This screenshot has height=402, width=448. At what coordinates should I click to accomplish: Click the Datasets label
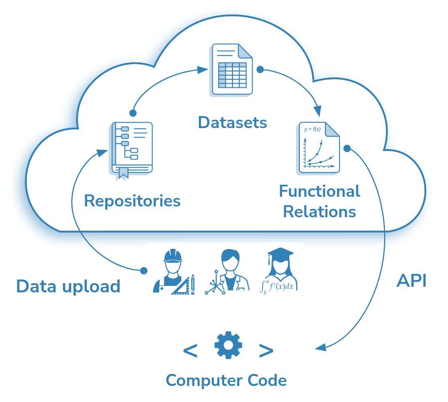[x=232, y=122]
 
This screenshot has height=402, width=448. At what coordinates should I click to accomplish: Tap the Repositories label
[x=132, y=201]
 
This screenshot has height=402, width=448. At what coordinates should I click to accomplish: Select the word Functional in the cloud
[x=319, y=192]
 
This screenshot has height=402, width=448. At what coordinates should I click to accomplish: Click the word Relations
[x=319, y=212]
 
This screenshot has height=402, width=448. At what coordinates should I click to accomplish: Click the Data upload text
[x=68, y=286]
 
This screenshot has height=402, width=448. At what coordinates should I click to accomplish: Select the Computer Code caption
[x=226, y=380]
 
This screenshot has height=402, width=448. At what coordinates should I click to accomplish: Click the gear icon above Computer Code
[x=228, y=345]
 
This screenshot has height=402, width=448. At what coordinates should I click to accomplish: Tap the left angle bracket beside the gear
[x=190, y=351]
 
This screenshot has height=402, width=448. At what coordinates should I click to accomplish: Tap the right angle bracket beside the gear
[x=266, y=351]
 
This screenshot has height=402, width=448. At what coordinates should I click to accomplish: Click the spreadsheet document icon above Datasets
[x=231, y=70]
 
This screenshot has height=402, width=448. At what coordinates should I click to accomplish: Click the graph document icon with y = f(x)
[x=319, y=147]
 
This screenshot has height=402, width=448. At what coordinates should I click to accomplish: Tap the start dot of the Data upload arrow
[x=144, y=271]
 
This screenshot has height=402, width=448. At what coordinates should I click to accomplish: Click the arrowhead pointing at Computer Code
[x=320, y=347]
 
